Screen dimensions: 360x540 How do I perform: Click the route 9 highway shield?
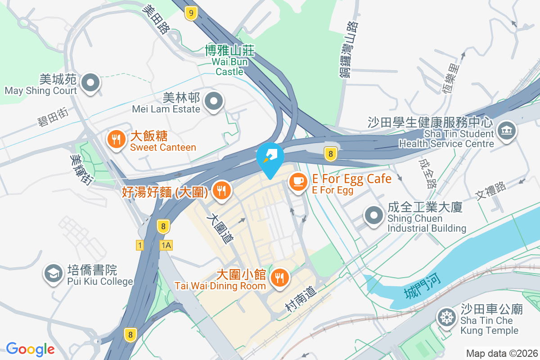click(x=191, y=14)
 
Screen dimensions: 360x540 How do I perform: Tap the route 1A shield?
click(x=166, y=245)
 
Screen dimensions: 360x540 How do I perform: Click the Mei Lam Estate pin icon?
click(x=214, y=102)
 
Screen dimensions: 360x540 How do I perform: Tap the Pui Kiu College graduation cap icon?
click(x=54, y=273)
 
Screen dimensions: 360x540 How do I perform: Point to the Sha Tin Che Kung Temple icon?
click(x=447, y=317)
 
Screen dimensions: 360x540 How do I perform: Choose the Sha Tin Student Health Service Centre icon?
click(x=507, y=131)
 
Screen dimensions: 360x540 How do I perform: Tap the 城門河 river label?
click(x=423, y=287)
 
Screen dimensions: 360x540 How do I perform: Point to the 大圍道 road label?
click(x=220, y=229)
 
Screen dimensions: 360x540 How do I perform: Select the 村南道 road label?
click(x=301, y=299)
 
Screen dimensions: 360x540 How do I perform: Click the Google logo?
click(x=30, y=349)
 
